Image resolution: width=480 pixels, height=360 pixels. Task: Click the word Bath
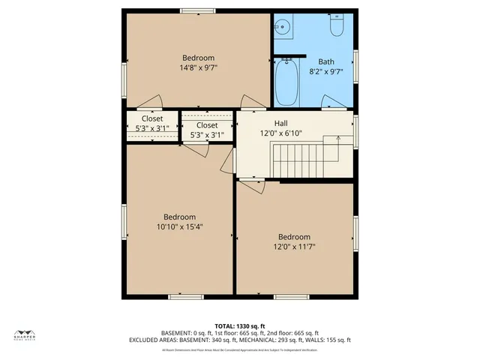326,62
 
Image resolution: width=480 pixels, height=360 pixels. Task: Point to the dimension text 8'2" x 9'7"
326,72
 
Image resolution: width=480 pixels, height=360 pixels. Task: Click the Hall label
260,123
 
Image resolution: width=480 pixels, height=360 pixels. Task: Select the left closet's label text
152,118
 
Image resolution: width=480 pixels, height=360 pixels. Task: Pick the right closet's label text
207,125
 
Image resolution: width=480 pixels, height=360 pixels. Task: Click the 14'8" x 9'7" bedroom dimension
198,67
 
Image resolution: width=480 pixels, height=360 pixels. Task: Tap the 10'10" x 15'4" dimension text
180,226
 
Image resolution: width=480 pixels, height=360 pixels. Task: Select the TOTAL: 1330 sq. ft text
240,325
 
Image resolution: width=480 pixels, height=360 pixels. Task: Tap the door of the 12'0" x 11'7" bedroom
252,185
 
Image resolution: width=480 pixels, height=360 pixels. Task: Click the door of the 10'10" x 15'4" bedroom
196,150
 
